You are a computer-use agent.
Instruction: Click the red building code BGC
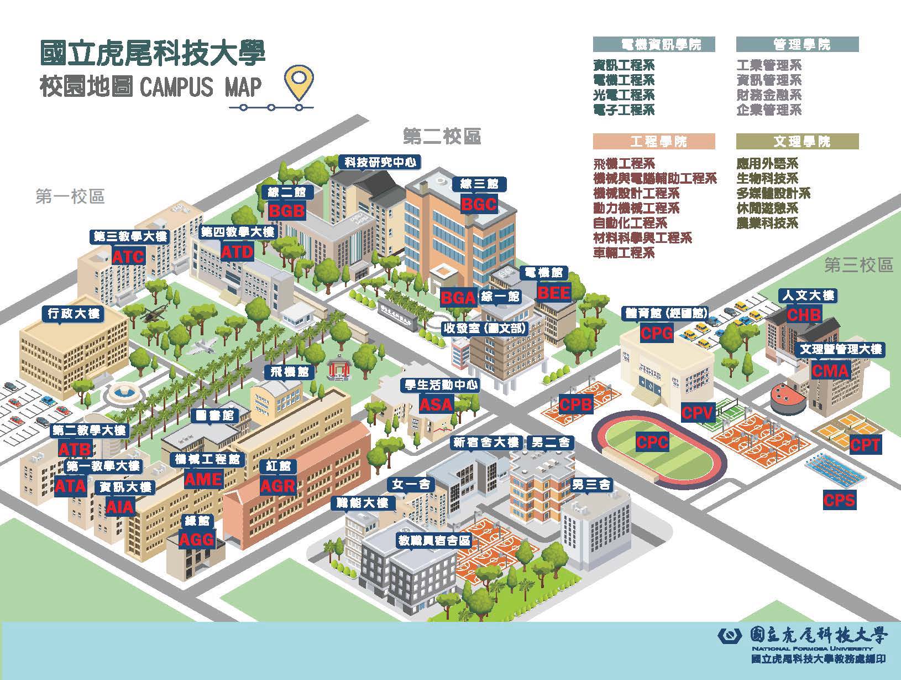(x=479, y=204)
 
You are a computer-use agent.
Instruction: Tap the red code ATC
(x=128, y=257)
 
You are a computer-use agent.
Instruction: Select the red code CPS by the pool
(x=839, y=501)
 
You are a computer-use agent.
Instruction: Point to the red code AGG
(x=196, y=539)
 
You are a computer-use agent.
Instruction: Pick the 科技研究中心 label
(x=381, y=162)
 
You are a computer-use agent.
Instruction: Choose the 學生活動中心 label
(x=441, y=385)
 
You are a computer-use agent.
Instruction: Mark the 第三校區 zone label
(x=858, y=266)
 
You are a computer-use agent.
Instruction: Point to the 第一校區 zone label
(x=70, y=196)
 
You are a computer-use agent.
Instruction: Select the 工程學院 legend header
(x=654, y=142)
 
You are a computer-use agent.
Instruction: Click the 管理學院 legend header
(x=797, y=45)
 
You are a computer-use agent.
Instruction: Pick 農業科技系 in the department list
(x=767, y=224)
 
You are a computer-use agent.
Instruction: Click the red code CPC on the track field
(x=652, y=443)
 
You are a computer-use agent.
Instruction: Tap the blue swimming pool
(x=829, y=473)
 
